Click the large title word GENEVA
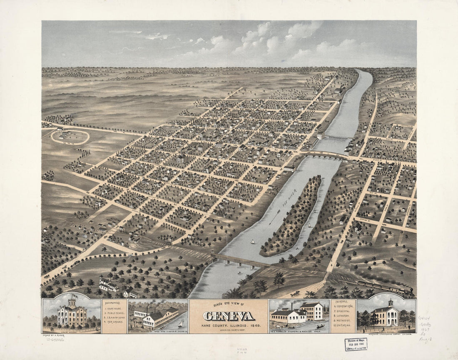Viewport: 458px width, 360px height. tap(229, 316)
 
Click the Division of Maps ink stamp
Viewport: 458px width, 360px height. tap(356, 344)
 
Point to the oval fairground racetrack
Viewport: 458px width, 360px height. tap(70, 136)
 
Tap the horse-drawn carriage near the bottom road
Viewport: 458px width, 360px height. tap(295, 294)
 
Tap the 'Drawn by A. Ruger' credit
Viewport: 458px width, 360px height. tap(55, 334)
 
